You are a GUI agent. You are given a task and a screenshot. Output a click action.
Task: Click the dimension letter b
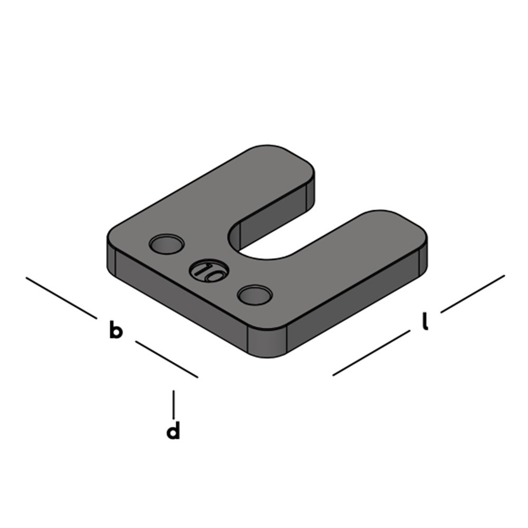[x=116, y=331]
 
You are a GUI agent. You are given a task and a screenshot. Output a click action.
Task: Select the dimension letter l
[x=425, y=322]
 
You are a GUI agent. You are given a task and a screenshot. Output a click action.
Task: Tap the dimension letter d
[x=173, y=431]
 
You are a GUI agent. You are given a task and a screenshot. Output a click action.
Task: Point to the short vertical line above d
[x=174, y=404]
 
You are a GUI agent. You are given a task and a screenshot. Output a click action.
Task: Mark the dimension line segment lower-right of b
[x=166, y=359]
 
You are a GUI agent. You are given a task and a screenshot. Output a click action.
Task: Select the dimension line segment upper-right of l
[x=473, y=293]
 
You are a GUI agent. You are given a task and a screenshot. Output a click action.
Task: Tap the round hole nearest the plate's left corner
[x=166, y=244]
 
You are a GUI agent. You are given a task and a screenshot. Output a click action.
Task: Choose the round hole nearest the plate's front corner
[x=254, y=295]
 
